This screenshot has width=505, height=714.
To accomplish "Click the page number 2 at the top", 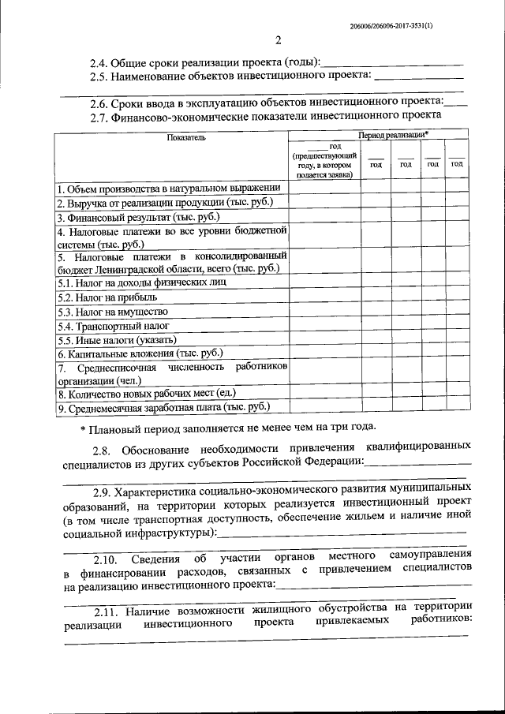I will click(278, 41).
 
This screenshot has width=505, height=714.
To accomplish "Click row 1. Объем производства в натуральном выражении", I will click(168, 189).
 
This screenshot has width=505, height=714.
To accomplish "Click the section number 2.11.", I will click(107, 612).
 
